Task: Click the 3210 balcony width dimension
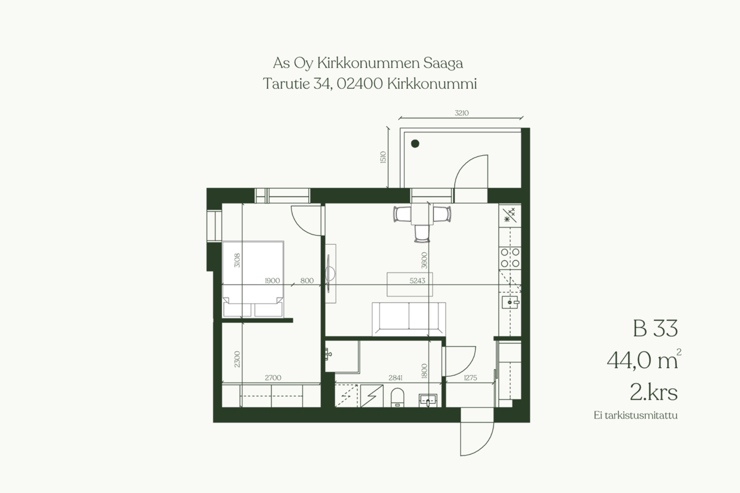[461, 113]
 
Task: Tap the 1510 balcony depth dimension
[383, 157]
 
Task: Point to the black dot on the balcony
[415, 144]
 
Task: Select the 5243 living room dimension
[417, 281]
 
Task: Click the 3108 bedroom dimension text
[237, 260]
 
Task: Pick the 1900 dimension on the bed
[272, 281]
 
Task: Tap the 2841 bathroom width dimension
[395, 378]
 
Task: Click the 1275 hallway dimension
[471, 378]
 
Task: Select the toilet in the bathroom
[397, 397]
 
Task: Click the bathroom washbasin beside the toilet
[428, 401]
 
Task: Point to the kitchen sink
[510, 302]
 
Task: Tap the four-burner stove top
[510, 258]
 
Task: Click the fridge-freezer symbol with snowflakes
[510, 215]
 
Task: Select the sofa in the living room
[409, 319]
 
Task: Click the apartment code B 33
[655, 329]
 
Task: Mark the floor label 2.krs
[654, 392]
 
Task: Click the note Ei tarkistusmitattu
[636, 415]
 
